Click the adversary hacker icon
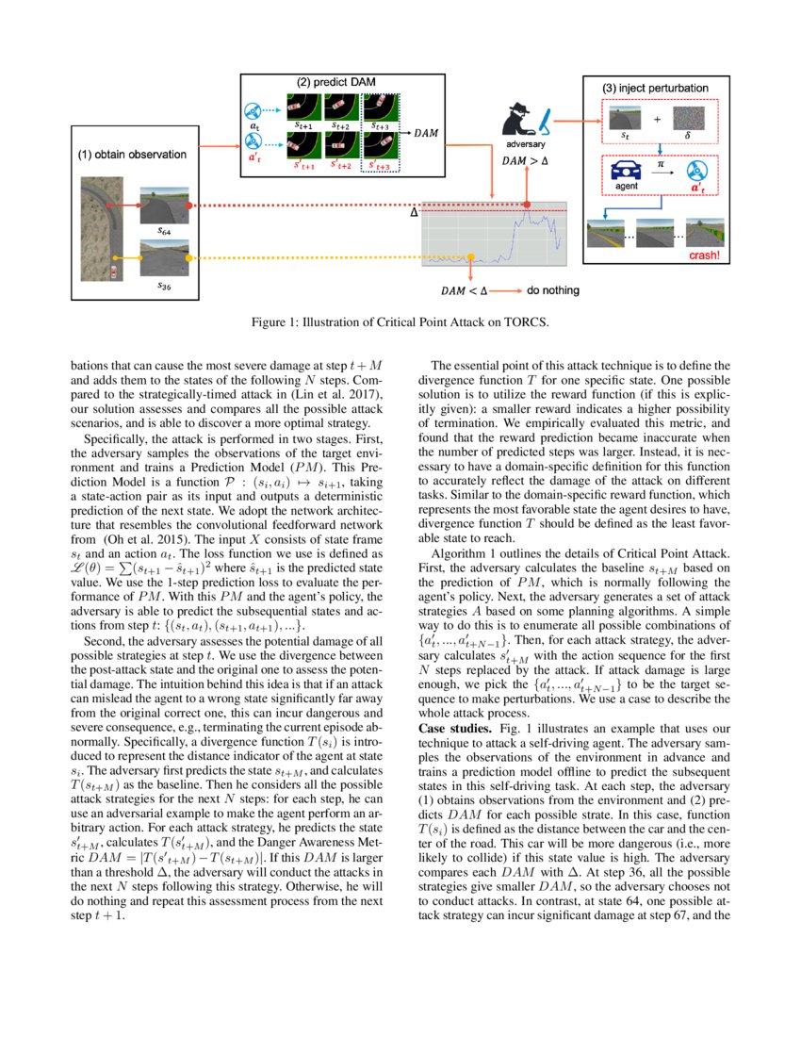(x=522, y=123)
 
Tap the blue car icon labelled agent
(x=627, y=171)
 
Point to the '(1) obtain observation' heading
(x=131, y=154)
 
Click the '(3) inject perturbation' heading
(x=655, y=88)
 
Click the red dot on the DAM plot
(x=526, y=205)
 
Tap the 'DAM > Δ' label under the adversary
(x=524, y=161)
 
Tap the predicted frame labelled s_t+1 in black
(x=303, y=106)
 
